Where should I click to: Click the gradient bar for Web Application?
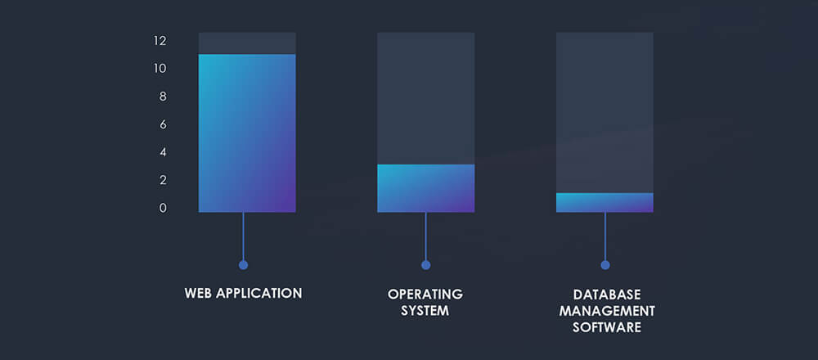pyautogui.click(x=247, y=133)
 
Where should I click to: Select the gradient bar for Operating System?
pyautogui.click(x=425, y=188)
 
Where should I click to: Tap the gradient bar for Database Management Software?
pyautogui.click(x=605, y=202)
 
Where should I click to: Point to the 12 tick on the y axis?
pyautogui.click(x=160, y=41)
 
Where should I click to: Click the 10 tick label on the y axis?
pyautogui.click(x=160, y=69)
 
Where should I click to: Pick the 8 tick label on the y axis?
pyautogui.click(x=163, y=97)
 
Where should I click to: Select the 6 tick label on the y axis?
pyautogui.click(x=163, y=124)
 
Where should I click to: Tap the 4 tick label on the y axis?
pyautogui.click(x=163, y=152)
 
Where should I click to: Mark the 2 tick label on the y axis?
pyautogui.click(x=163, y=180)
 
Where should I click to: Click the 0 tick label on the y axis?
pyautogui.click(x=163, y=208)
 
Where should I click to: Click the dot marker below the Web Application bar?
pyautogui.click(x=243, y=265)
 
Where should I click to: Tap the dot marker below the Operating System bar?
pyautogui.click(x=425, y=265)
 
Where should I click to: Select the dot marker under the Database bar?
pyautogui.click(x=605, y=265)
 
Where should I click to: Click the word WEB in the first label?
pyautogui.click(x=198, y=293)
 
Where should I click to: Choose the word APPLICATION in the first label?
pyautogui.click(x=259, y=293)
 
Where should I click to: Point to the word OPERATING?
pyautogui.click(x=425, y=294)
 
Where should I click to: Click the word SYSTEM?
pyautogui.click(x=425, y=311)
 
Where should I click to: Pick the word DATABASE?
pyautogui.click(x=607, y=295)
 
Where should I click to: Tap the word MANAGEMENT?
pyautogui.click(x=607, y=312)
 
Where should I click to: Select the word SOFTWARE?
pyautogui.click(x=607, y=328)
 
